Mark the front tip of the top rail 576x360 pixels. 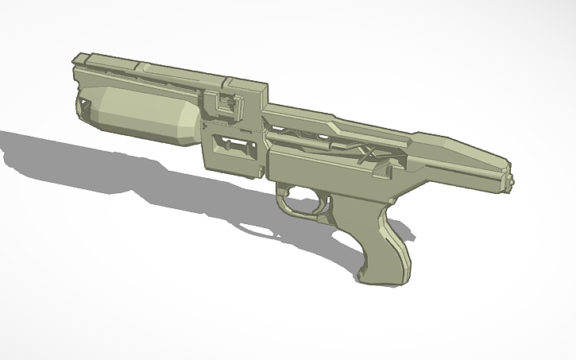[x=77, y=59]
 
